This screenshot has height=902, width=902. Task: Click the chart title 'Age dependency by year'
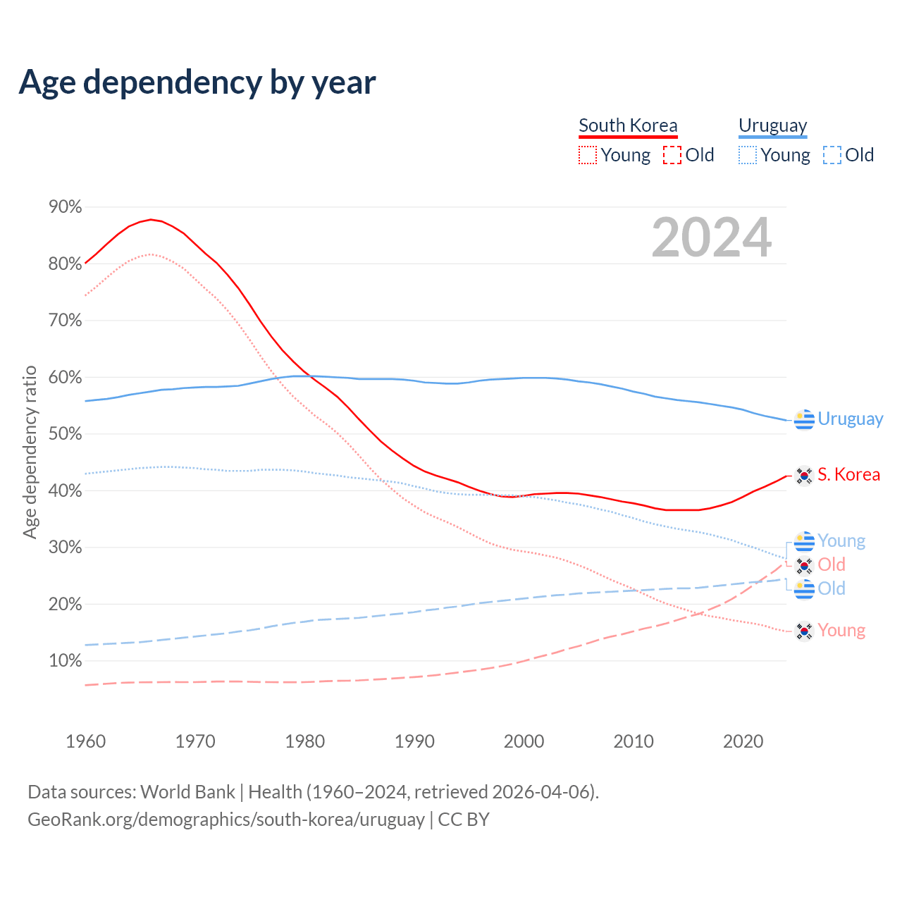pyautogui.click(x=197, y=82)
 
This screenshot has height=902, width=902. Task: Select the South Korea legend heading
pyautogui.click(x=628, y=125)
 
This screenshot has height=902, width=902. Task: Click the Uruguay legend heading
pyautogui.click(x=772, y=125)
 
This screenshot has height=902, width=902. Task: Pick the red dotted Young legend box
pyautogui.click(x=587, y=155)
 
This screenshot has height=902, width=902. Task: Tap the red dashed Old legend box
pyautogui.click(x=672, y=155)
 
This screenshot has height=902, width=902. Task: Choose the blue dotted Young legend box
pyautogui.click(x=747, y=155)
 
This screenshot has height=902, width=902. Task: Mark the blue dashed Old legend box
pyautogui.click(x=832, y=155)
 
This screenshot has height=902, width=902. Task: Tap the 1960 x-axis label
pyautogui.click(x=85, y=741)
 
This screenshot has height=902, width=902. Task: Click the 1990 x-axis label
pyautogui.click(x=414, y=741)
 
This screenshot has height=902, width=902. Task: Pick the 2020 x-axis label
pyautogui.click(x=743, y=741)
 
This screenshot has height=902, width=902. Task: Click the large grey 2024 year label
pyautogui.click(x=712, y=237)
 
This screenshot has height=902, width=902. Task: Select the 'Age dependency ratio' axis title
pyautogui.click(x=30, y=452)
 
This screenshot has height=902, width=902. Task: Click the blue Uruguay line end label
pyautogui.click(x=850, y=419)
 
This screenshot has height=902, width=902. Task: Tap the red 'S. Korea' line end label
pyautogui.click(x=848, y=474)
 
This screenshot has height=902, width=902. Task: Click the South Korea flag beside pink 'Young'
pyautogui.click(x=804, y=631)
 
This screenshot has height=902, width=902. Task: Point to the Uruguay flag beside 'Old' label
pyautogui.click(x=804, y=588)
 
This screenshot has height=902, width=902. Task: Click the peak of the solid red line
pyautogui.click(x=151, y=219)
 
